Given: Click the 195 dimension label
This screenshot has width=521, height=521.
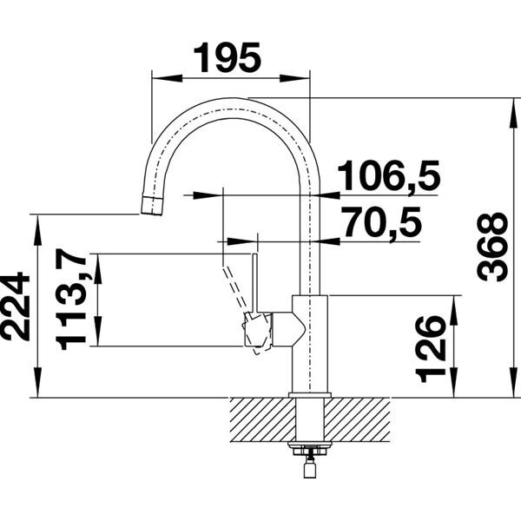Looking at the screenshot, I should [x=227, y=58].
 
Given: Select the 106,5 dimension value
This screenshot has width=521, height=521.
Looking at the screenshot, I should [x=387, y=176].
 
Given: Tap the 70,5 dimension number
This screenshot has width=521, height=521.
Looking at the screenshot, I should [x=379, y=222].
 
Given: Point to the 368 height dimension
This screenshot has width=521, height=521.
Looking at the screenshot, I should [x=492, y=246].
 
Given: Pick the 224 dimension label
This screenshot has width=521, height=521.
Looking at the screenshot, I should [x=16, y=306].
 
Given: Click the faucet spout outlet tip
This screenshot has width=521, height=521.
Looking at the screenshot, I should [x=152, y=207].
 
